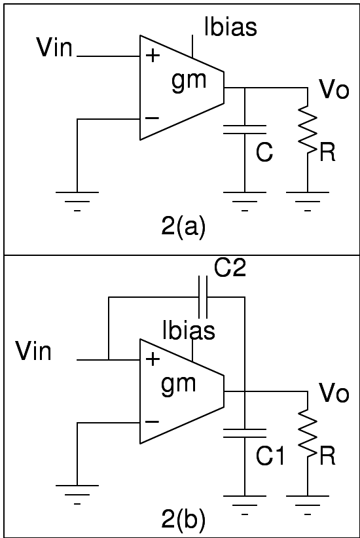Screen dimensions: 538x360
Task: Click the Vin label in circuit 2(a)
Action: [x=54, y=47]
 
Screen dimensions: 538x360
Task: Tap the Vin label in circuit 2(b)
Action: [x=33, y=351]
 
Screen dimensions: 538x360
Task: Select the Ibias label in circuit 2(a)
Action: [x=230, y=27]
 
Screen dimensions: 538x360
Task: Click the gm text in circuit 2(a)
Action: [x=189, y=81]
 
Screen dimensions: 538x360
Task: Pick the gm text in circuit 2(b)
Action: [x=179, y=382]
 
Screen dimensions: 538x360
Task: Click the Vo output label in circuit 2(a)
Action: [x=334, y=90]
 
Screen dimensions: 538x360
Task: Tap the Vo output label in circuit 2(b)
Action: [x=334, y=393]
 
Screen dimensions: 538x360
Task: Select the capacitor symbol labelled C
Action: [x=244, y=129]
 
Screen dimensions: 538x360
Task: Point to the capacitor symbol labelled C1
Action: [x=244, y=433]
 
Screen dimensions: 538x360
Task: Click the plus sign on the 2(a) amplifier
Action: [x=153, y=56]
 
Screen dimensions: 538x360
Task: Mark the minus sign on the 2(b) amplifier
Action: [x=152, y=422]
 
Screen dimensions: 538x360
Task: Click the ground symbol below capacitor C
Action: [x=244, y=196]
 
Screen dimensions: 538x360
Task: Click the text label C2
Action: [x=230, y=268]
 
